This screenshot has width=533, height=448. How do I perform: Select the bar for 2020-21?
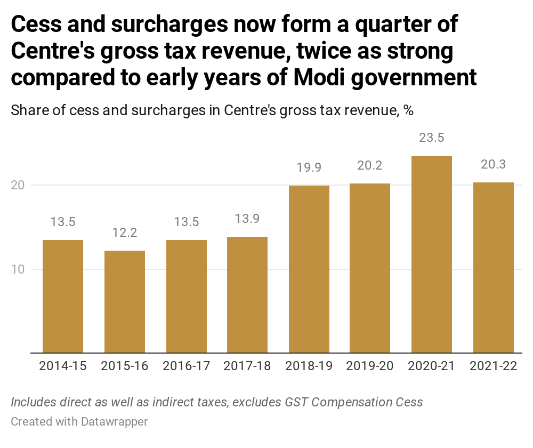point(431,254)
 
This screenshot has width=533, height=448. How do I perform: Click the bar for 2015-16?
point(124,301)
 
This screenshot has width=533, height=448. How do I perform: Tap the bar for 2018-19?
point(309,269)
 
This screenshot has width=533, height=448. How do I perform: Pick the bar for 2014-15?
point(63,296)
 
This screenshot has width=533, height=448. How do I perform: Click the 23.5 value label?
point(431,138)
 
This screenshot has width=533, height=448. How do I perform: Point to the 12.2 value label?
point(124,233)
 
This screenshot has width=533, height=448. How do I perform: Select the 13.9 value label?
point(247,219)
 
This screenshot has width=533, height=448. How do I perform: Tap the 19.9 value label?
point(309,167)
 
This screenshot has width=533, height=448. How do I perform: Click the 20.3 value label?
point(493,164)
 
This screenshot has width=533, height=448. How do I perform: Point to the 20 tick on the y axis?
point(20,185)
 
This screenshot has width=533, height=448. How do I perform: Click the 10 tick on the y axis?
point(20,269)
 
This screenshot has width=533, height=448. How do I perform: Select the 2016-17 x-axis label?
point(186,366)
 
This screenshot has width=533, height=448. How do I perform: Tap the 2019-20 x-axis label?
point(370,366)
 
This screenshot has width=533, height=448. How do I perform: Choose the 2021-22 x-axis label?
point(493,366)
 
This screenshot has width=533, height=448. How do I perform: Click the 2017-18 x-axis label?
point(247,366)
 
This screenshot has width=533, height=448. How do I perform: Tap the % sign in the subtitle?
point(408,110)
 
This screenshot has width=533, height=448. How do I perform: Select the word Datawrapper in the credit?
point(114,421)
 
